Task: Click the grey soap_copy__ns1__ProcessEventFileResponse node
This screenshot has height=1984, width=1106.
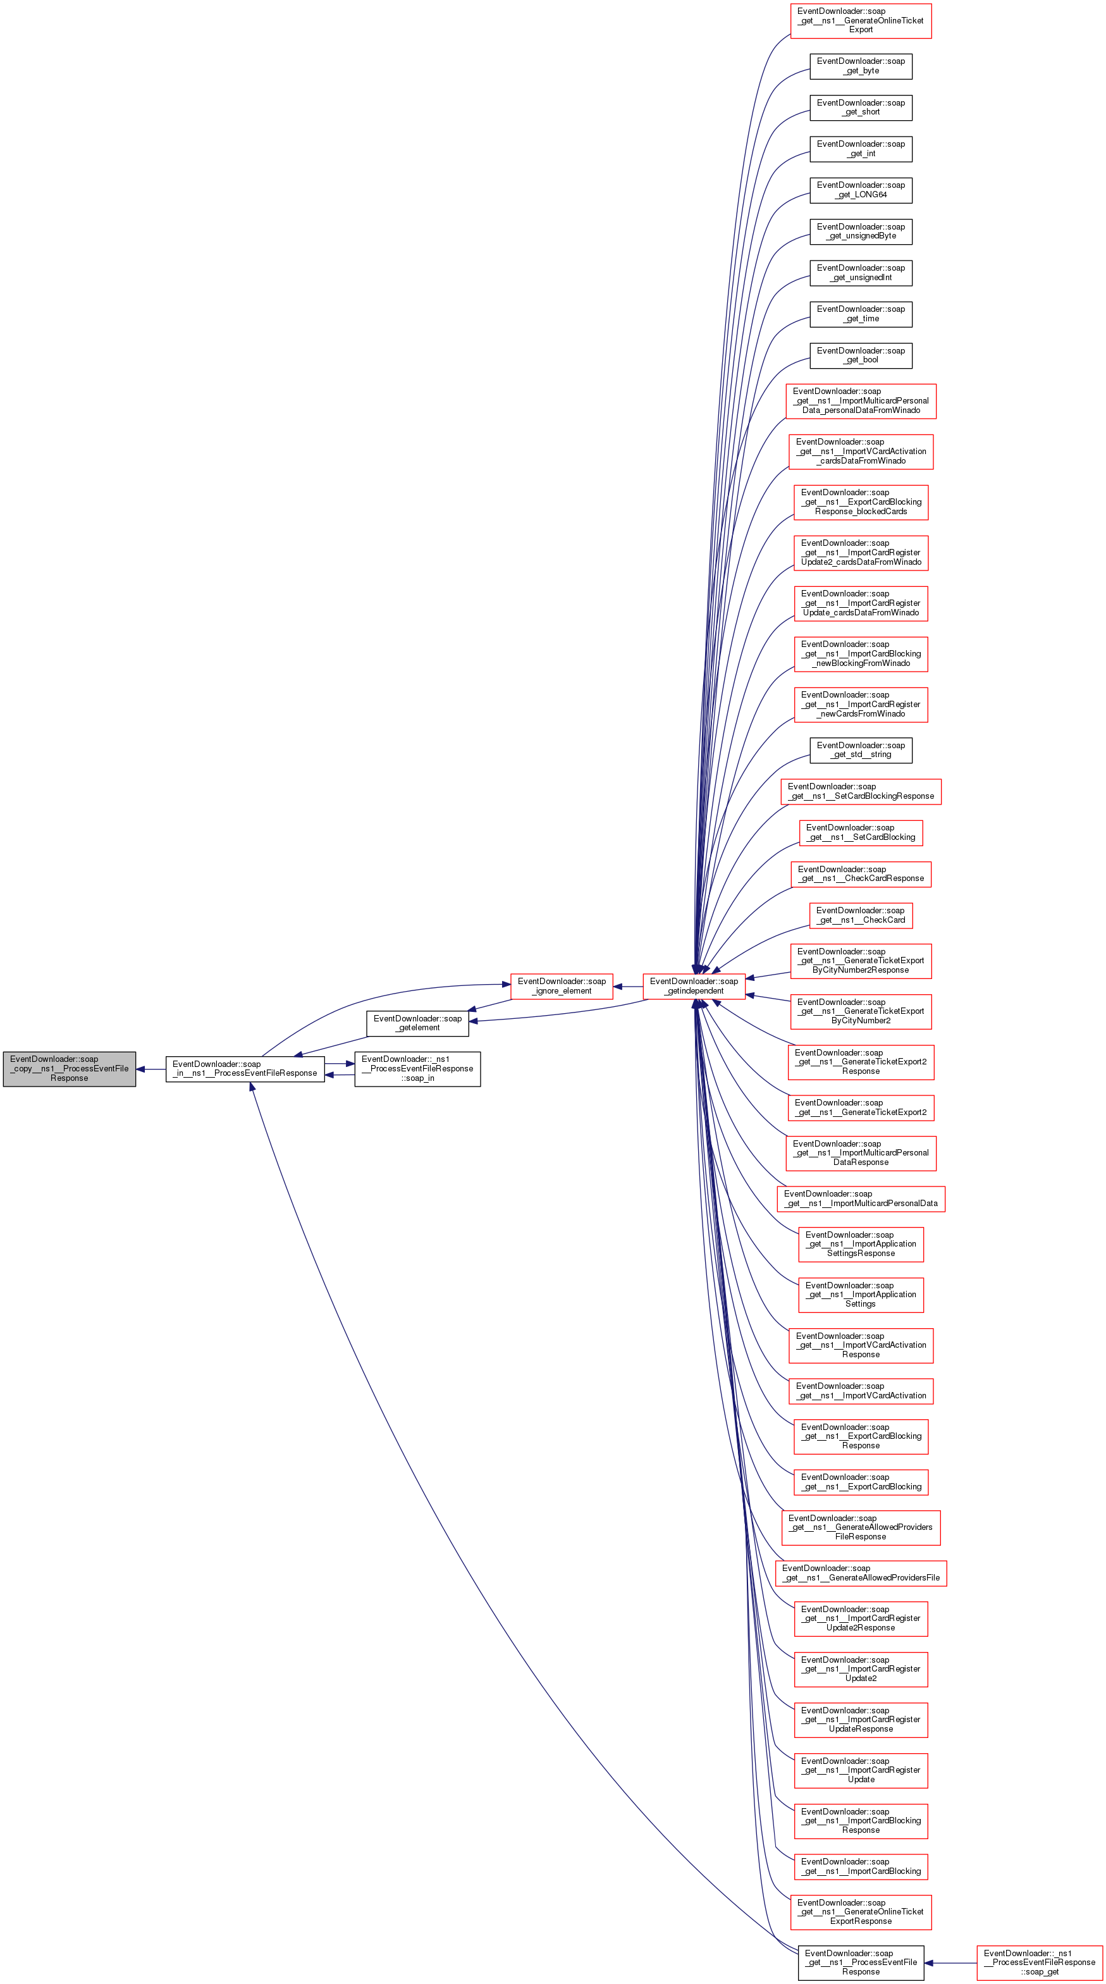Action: pyautogui.click(x=70, y=1068)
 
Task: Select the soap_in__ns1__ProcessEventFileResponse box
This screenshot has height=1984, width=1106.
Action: pyautogui.click(x=245, y=1068)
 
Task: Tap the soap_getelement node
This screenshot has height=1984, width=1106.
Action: pyautogui.click(x=417, y=1023)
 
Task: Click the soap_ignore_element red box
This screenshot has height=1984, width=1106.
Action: pyautogui.click(x=562, y=986)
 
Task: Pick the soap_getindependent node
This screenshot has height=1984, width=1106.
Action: pyautogui.click(x=694, y=986)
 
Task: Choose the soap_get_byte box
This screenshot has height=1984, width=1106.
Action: pyautogui.click(x=860, y=66)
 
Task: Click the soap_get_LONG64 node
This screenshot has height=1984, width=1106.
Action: pyautogui.click(x=860, y=190)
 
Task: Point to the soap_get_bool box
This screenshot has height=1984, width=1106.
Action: pyautogui.click(x=860, y=355)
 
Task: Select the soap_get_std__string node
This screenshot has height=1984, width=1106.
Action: pyautogui.click(x=860, y=750)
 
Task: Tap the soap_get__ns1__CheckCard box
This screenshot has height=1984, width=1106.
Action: pyautogui.click(x=860, y=915)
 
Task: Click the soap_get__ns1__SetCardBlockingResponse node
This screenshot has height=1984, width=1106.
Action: pyautogui.click(x=860, y=792)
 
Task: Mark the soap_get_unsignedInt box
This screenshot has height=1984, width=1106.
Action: pyautogui.click(x=860, y=273)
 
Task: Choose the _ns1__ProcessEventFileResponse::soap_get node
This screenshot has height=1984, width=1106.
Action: pyautogui.click(x=1039, y=1962)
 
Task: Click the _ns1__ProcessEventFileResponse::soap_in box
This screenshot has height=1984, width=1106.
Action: pyautogui.click(x=417, y=1068)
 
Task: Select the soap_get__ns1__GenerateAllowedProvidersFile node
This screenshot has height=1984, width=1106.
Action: pyautogui.click(x=860, y=1573)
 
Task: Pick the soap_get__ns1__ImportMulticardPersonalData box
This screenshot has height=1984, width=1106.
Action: pyautogui.click(x=860, y=1198)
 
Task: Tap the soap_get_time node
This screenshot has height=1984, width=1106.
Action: pyautogui.click(x=860, y=314)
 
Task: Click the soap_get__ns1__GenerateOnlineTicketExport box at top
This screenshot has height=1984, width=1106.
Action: pyautogui.click(x=860, y=21)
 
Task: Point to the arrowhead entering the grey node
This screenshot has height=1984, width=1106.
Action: pyautogui.click(x=141, y=1069)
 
